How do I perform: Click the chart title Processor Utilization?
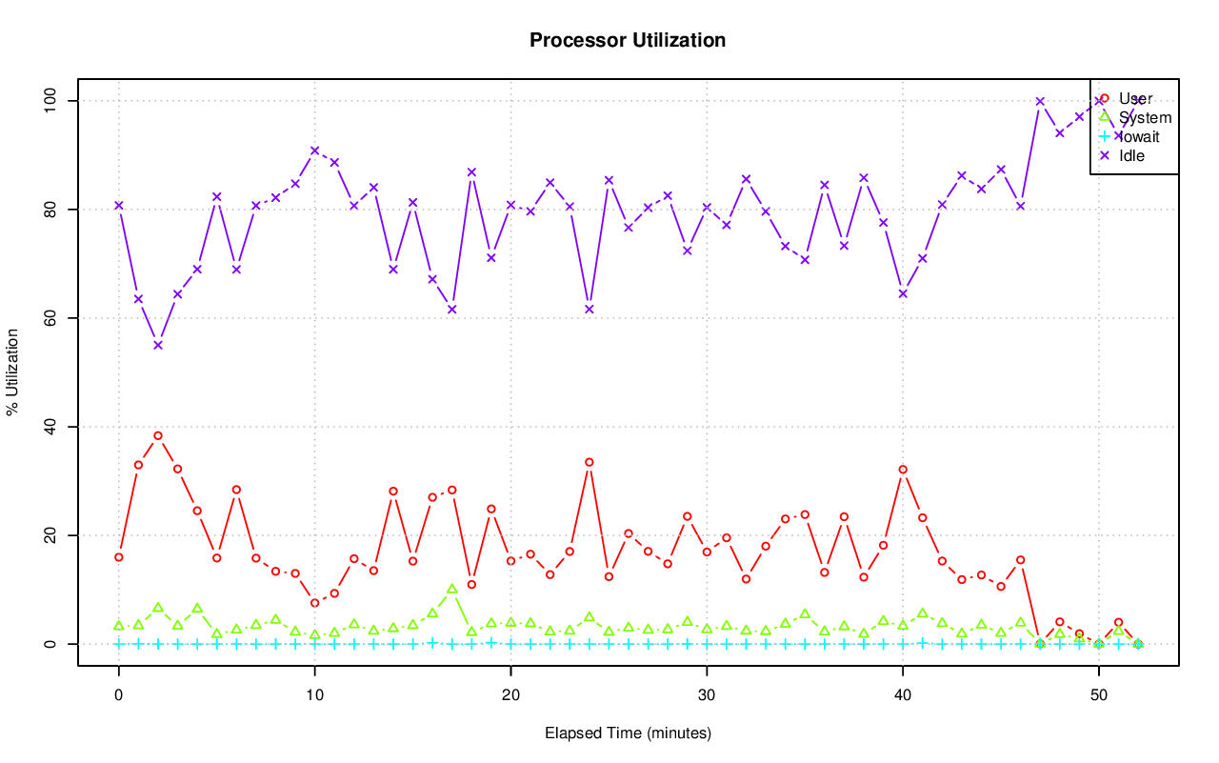point(628,41)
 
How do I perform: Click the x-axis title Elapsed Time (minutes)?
point(628,733)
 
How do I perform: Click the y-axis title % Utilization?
point(13,372)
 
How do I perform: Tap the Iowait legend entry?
point(1139,136)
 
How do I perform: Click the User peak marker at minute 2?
point(158,435)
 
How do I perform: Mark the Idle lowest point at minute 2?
point(158,345)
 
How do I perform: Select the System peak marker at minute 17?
point(452,589)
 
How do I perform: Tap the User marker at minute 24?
point(590,462)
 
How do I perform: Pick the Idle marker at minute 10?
point(315,151)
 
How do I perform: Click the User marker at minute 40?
point(903,469)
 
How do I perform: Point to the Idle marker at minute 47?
point(1040,101)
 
